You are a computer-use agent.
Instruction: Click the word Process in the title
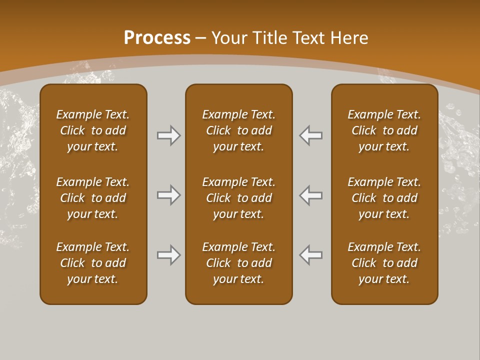click(157, 38)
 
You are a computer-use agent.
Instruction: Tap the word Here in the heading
click(348, 38)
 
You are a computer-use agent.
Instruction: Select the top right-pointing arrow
click(168, 135)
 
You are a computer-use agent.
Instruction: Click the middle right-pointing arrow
click(168, 195)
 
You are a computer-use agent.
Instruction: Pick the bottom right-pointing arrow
click(168, 255)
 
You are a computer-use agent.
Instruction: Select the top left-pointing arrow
click(311, 135)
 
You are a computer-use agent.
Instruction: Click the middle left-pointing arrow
click(311, 195)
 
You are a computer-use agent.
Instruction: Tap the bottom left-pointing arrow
click(311, 255)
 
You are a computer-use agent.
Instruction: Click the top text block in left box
click(93, 130)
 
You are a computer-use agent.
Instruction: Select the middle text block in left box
click(93, 198)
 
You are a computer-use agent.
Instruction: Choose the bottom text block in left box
click(93, 263)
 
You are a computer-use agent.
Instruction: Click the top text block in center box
click(238, 130)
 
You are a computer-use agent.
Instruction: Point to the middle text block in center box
click(238, 198)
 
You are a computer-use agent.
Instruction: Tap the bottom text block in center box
click(238, 263)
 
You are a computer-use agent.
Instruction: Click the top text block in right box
click(384, 130)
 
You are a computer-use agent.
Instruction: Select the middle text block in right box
click(384, 198)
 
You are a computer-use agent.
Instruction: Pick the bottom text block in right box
click(384, 263)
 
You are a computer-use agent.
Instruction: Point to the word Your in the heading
click(229, 38)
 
